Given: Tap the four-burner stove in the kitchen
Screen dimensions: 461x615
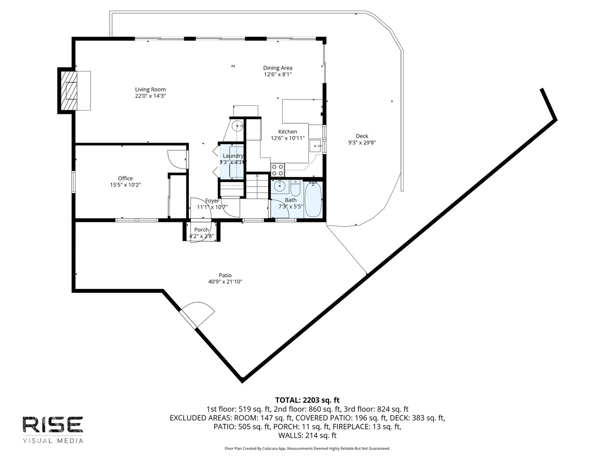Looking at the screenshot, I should (278, 170).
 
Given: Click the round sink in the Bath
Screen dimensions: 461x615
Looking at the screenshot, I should (280, 186).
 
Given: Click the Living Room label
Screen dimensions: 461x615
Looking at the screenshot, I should (150, 89).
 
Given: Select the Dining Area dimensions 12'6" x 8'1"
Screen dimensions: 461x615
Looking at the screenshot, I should (278, 74).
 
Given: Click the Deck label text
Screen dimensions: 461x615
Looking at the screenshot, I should (362, 136).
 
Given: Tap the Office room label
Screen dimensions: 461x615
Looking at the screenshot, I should (125, 178).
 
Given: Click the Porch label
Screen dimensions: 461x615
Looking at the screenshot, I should (202, 230).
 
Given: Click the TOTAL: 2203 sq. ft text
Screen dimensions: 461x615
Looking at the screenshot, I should (307, 400).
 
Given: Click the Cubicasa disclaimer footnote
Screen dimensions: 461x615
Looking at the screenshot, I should (307, 449).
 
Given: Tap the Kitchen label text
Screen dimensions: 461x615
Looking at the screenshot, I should (287, 131).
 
